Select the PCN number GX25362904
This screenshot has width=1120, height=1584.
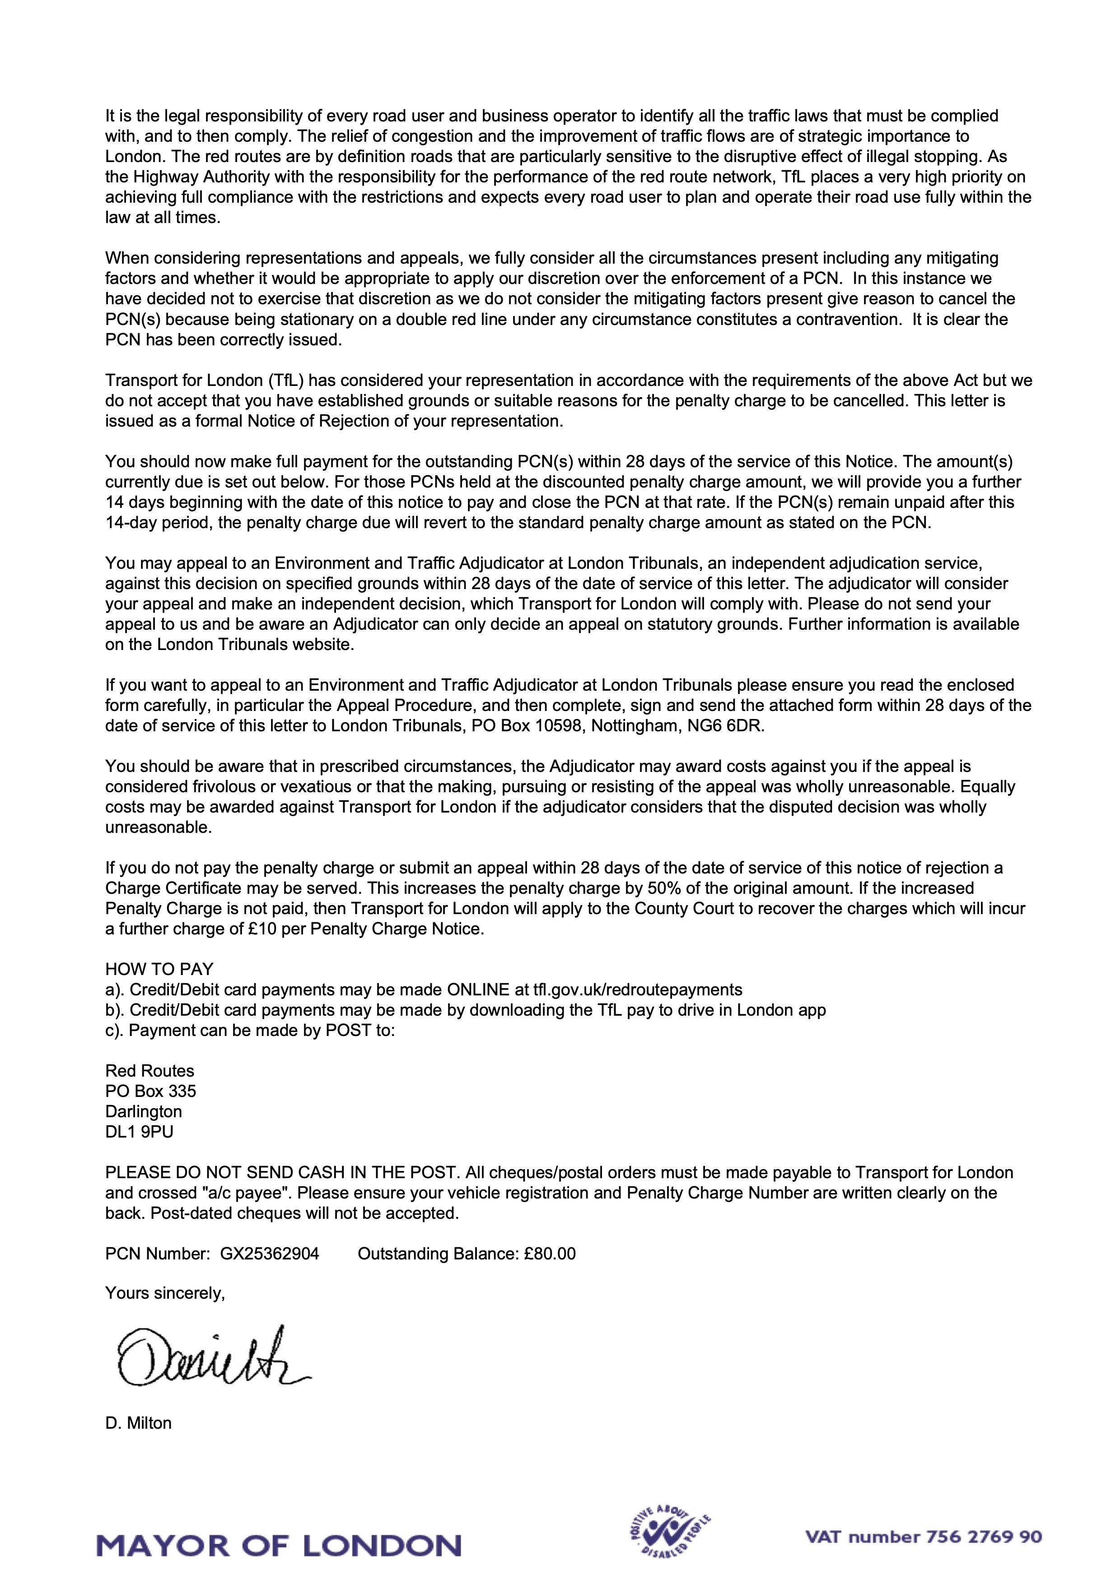click(269, 1254)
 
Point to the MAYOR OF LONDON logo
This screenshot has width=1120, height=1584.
click(279, 1545)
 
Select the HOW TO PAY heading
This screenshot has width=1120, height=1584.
click(159, 969)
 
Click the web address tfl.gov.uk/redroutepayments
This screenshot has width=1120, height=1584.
click(638, 990)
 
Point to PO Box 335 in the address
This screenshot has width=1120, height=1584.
click(150, 1092)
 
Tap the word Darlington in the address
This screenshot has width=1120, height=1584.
click(144, 1111)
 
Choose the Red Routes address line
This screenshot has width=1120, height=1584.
click(150, 1071)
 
